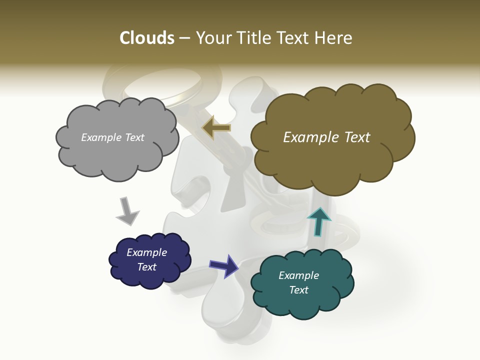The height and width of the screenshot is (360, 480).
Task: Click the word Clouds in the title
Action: pos(147,38)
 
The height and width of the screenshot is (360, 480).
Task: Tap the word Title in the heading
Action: pos(253,38)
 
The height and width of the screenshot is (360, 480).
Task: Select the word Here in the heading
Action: pos(334,38)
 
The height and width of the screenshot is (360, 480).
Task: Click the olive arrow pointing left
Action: pos(216,128)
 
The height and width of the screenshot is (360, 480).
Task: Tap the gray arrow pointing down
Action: pos(127,211)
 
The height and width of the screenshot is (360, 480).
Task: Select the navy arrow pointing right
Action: pos(223,265)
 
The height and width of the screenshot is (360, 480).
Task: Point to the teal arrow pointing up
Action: pos(318,221)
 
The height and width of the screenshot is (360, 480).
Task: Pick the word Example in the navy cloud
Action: pos(146,252)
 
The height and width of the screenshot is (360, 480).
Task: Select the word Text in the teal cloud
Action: pos(298,290)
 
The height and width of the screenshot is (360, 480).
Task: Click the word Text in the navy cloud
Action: pos(146,267)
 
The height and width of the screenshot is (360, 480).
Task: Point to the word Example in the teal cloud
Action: pos(298,275)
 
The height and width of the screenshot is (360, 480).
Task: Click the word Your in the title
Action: pos(212,38)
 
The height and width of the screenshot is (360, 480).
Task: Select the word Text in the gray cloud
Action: pos(133,137)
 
